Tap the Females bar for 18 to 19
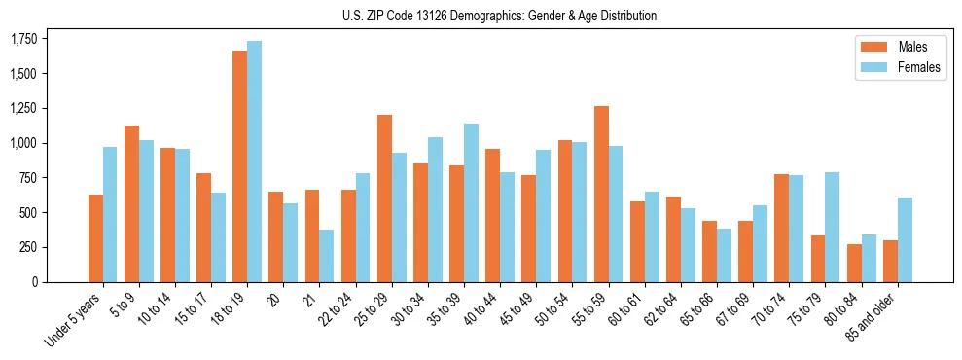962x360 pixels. tap(254, 162)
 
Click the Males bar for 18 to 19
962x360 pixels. tap(239, 166)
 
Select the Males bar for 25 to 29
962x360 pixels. tap(384, 198)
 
